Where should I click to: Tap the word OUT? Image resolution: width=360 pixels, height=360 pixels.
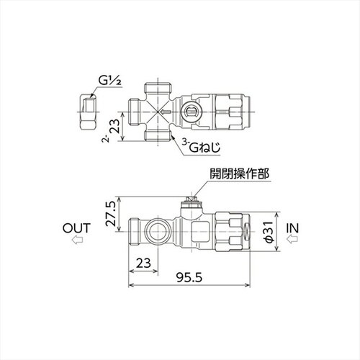coord(76,228)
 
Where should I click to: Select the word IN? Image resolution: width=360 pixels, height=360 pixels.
coord(293,228)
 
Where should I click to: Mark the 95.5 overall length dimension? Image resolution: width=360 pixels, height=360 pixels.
coord(190,276)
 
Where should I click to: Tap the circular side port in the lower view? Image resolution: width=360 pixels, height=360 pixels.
coord(156,232)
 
